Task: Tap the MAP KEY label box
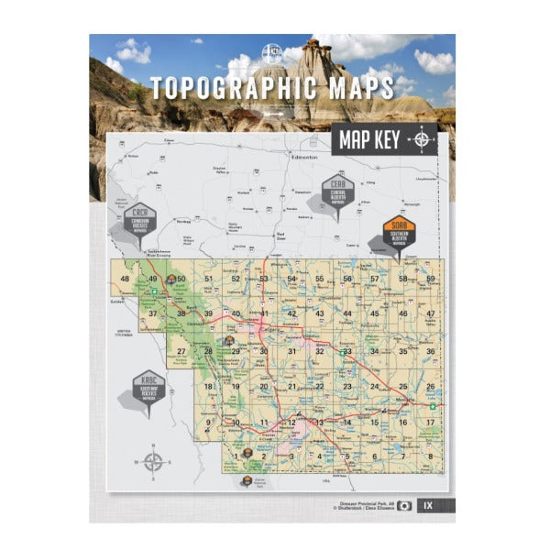pyautogui.click(x=368, y=140)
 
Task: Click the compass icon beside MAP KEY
pyautogui.click(x=421, y=140)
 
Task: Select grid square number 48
pyautogui.click(x=125, y=279)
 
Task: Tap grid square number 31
pyautogui.click(x=291, y=351)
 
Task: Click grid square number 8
pyautogui.click(x=429, y=456)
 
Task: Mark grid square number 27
pyautogui.click(x=181, y=351)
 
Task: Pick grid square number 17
pyautogui.click(x=430, y=422)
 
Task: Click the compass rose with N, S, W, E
pyautogui.click(x=153, y=463)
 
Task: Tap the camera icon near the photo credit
pyautogui.click(x=404, y=506)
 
